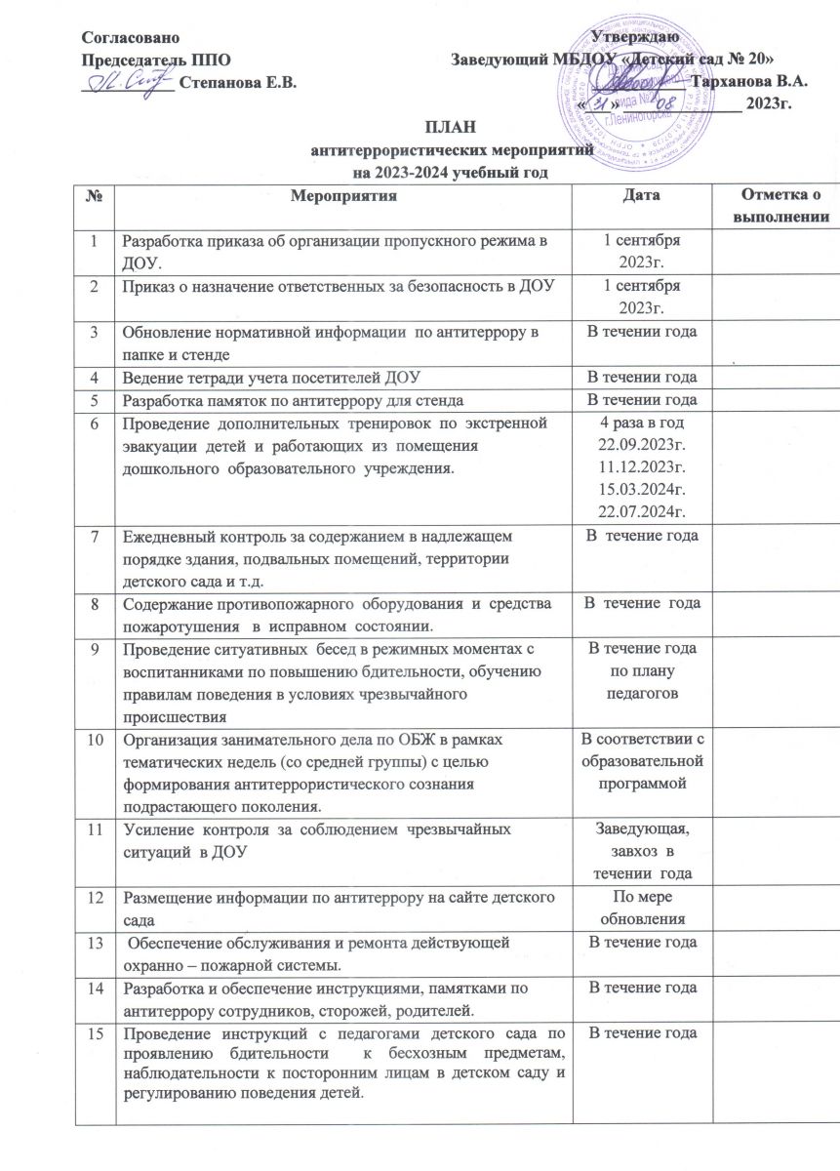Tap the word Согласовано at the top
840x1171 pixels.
[x=130, y=37]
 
